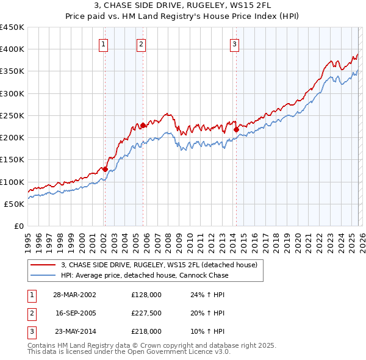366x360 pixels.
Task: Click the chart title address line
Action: pyautogui.click(x=183, y=6)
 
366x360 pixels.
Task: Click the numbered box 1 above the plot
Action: pyautogui.click(x=104, y=44)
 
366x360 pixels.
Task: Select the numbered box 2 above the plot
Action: pyautogui.click(x=141, y=44)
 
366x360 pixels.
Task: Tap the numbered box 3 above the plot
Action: pyautogui.click(x=234, y=44)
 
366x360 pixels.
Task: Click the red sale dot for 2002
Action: pyautogui.click(x=105, y=169)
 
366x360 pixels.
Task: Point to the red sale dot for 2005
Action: pyautogui.click(x=143, y=125)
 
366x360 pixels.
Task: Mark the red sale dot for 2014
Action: pyautogui.click(x=235, y=129)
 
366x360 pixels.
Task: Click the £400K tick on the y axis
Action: pyautogui.click(x=12, y=49)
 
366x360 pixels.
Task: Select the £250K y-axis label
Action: pyautogui.click(x=12, y=115)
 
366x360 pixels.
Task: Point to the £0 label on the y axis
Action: pyautogui.click(x=18, y=226)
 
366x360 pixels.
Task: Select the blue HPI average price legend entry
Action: pyautogui.click(x=145, y=275)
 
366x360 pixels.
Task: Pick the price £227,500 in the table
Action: pyautogui.click(x=146, y=313)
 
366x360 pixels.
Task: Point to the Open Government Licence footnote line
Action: pyautogui.click(x=129, y=352)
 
